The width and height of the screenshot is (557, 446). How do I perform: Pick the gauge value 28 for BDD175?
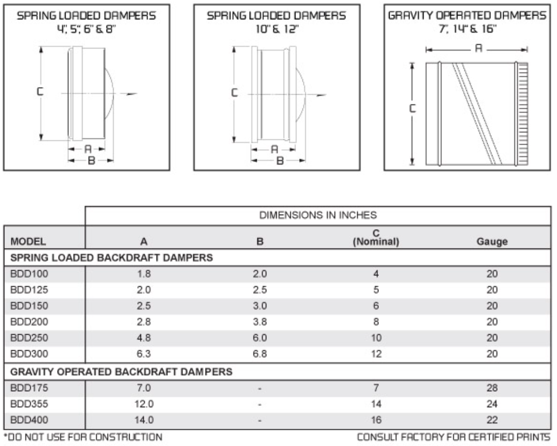pos(491,387)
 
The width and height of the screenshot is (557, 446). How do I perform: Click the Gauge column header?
pos(492,242)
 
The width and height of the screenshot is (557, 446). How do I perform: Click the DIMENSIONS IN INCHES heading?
pos(317,216)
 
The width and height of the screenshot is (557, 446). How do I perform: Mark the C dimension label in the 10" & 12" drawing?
pos(234,93)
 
